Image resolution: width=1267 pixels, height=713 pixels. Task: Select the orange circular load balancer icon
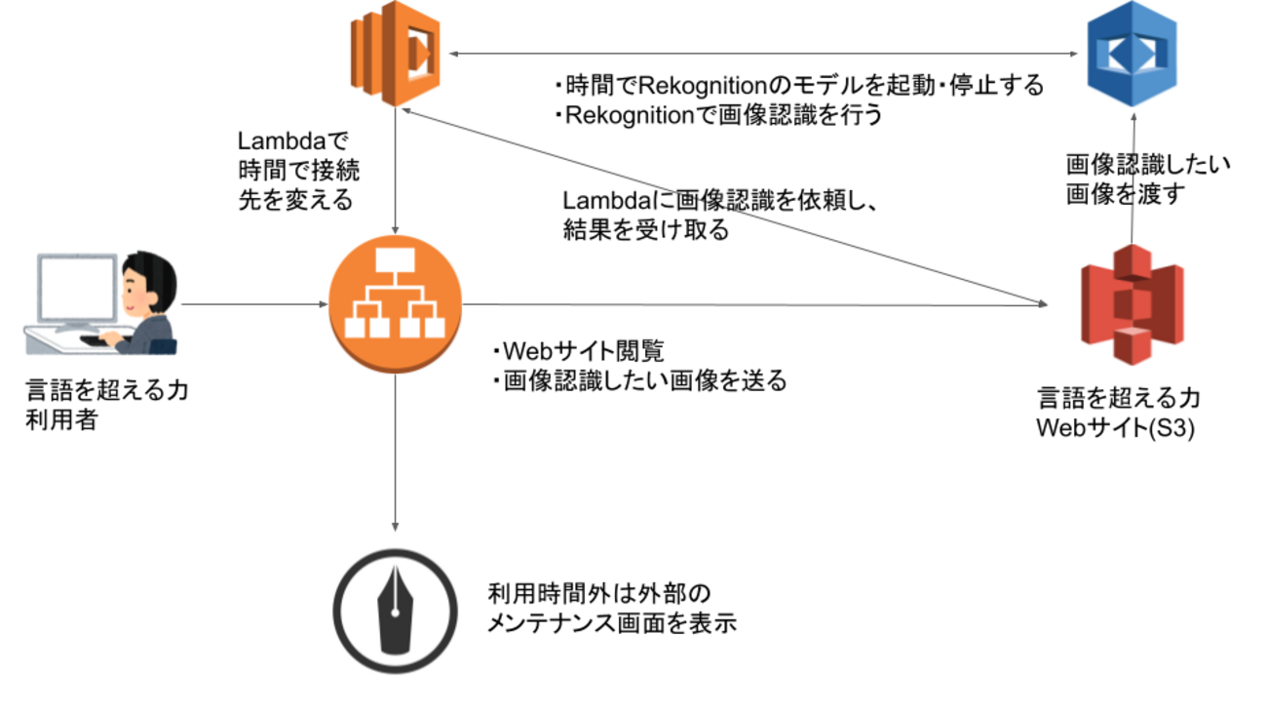[x=395, y=305]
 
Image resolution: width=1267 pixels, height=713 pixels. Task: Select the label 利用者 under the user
[x=61, y=422]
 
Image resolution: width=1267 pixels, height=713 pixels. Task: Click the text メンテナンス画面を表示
[x=611, y=623]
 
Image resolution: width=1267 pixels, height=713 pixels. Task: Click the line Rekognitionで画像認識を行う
[x=721, y=115]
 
